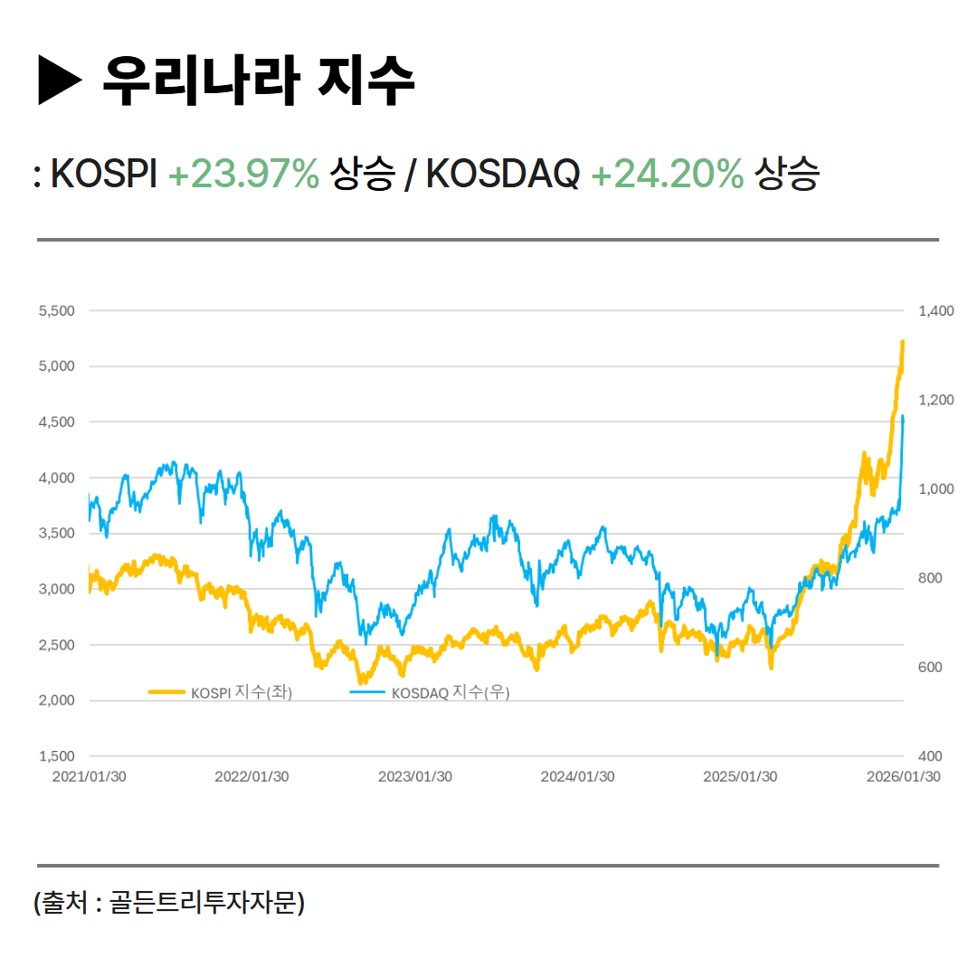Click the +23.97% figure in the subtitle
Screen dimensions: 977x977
243,174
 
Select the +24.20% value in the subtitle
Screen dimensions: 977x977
667,174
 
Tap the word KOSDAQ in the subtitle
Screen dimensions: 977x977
502,174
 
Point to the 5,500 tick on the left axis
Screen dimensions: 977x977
56,311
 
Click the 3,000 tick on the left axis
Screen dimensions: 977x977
56,589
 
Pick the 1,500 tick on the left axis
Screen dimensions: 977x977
56,756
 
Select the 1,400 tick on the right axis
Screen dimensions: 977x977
935,311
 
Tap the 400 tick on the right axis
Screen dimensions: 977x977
930,756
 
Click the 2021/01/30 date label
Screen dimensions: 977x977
89,777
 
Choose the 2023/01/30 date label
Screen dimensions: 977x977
415,777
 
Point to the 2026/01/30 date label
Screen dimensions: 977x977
903,777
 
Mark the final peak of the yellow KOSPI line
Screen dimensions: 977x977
902,342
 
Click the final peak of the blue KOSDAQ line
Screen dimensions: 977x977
903,416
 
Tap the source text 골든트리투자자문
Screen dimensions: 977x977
204,902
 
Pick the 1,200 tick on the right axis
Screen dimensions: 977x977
935,400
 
